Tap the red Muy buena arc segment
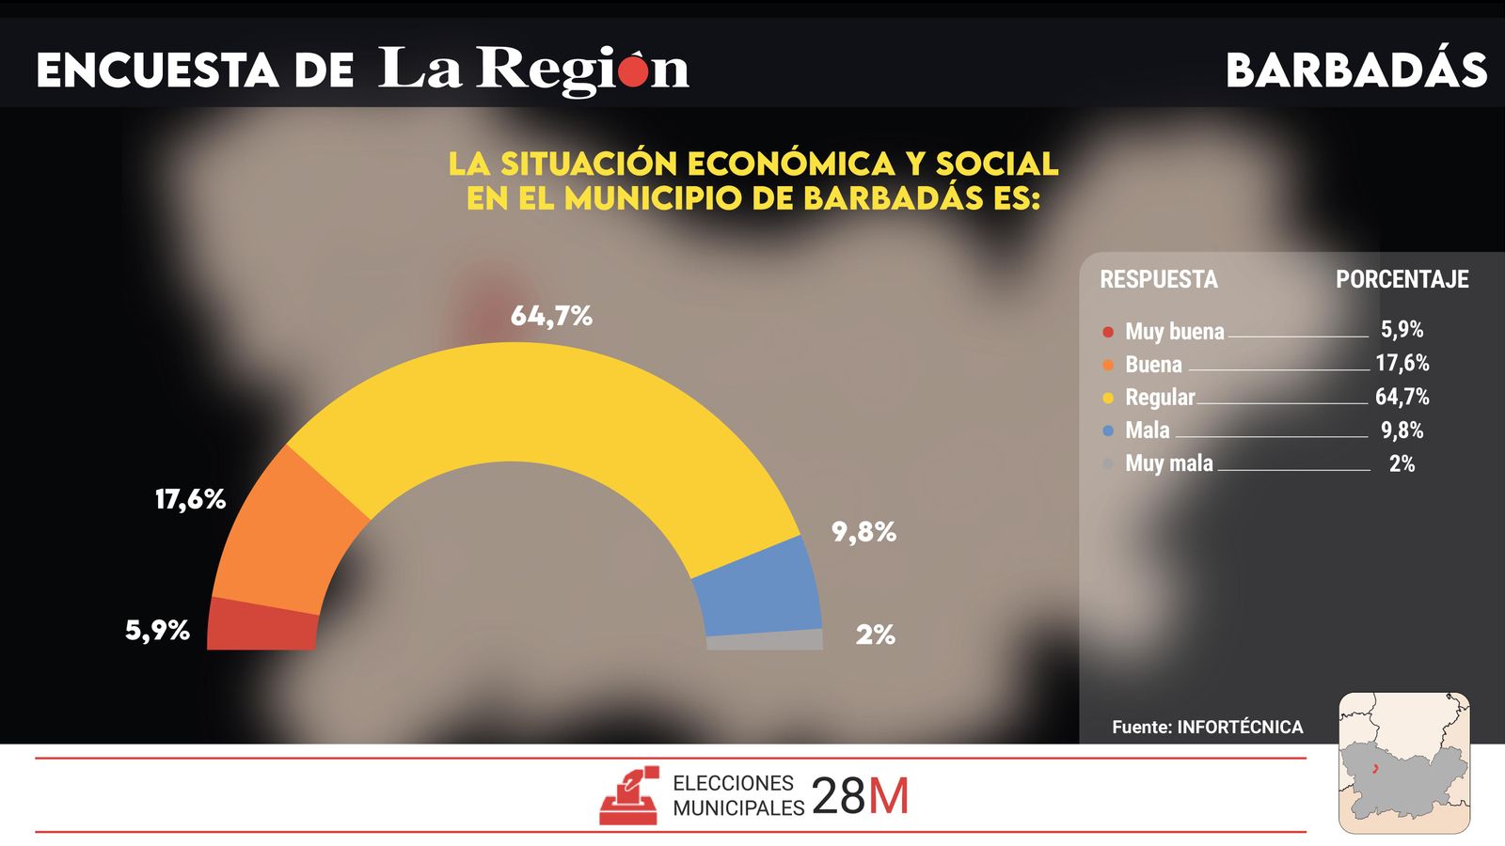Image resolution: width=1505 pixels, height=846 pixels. [261, 625]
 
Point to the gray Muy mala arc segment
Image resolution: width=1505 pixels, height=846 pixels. [765, 641]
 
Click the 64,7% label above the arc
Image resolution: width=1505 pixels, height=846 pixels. [551, 316]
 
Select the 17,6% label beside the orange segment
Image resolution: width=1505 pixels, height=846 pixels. [190, 499]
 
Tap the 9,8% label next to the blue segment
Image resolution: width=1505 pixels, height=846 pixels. [863, 532]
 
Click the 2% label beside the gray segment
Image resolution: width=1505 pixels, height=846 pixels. [875, 634]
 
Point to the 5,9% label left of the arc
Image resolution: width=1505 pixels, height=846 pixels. [157, 630]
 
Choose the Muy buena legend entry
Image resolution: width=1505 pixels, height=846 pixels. [1174, 332]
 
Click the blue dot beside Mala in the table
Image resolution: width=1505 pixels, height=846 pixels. [1108, 431]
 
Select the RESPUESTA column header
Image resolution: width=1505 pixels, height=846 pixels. [1158, 279]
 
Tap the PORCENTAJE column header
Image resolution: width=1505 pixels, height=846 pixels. [1402, 279]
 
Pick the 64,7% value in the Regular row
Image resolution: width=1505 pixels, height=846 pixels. [1402, 397]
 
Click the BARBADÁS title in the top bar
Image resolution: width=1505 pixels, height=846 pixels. [1355, 70]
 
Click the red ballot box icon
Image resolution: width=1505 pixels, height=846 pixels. [628, 796]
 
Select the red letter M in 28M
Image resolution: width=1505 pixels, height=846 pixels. [888, 797]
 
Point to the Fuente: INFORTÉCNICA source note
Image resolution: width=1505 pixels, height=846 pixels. [1207, 727]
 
